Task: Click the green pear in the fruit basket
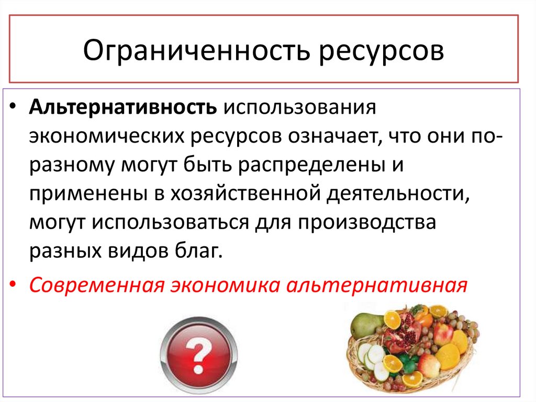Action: (x=363, y=325)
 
